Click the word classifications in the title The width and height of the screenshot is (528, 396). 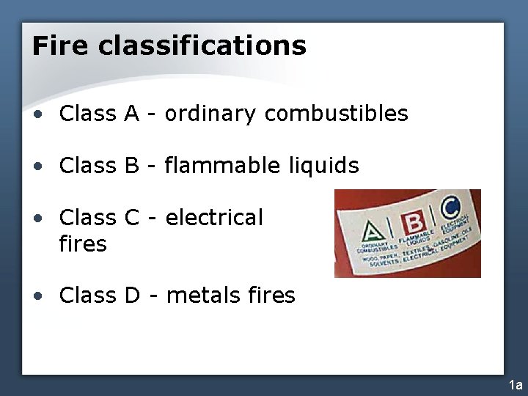point(202,45)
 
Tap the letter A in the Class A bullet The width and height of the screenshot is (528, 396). point(131,114)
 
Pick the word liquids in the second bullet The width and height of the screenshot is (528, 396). point(321,166)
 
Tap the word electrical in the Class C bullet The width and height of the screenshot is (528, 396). point(214,218)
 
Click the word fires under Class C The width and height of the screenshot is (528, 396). point(83,243)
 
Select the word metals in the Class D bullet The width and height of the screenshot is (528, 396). point(203,296)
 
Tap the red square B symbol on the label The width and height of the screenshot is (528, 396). point(415,222)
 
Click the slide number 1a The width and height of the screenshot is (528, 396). point(516,385)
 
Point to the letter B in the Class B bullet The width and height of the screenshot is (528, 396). point(132,166)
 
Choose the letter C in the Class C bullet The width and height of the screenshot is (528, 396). point(132,218)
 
